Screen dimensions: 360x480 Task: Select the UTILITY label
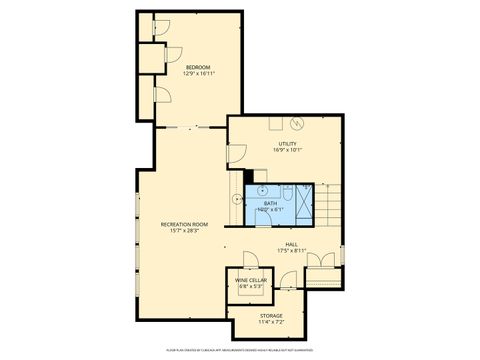[x=288, y=144]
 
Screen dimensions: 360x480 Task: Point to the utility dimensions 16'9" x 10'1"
[x=288, y=150]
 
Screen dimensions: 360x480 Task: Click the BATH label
[x=270, y=203]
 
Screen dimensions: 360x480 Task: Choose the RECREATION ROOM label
[x=184, y=224]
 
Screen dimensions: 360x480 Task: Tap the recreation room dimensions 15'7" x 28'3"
[x=184, y=231]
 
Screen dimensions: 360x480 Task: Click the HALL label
[x=292, y=244]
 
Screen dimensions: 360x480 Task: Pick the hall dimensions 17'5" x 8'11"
[x=292, y=250]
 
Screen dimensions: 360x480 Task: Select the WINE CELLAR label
[x=251, y=280]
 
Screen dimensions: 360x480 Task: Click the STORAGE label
[x=272, y=316]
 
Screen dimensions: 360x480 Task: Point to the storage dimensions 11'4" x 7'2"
[x=272, y=322]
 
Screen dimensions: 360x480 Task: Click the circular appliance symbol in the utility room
[x=297, y=123]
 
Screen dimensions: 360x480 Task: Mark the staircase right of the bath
[x=331, y=205]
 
